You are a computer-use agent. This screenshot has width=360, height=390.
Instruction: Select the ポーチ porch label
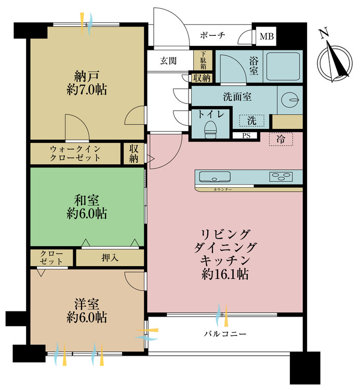pyautogui.click(x=212, y=36)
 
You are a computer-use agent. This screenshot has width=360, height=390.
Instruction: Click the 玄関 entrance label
pyautogui.click(x=168, y=61)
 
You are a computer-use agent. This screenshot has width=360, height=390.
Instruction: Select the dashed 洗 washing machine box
pyautogui.click(x=251, y=121)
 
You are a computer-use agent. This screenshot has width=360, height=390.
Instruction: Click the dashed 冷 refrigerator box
pyautogui.click(x=281, y=139)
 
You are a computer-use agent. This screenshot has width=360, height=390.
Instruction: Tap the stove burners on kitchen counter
pyautogui.click(x=282, y=177)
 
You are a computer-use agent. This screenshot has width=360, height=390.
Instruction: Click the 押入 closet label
pyautogui.click(x=110, y=257)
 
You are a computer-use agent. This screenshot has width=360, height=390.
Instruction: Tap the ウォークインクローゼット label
pyautogui.click(x=76, y=153)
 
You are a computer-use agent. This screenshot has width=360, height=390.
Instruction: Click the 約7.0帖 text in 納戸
pyautogui.click(x=87, y=89)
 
